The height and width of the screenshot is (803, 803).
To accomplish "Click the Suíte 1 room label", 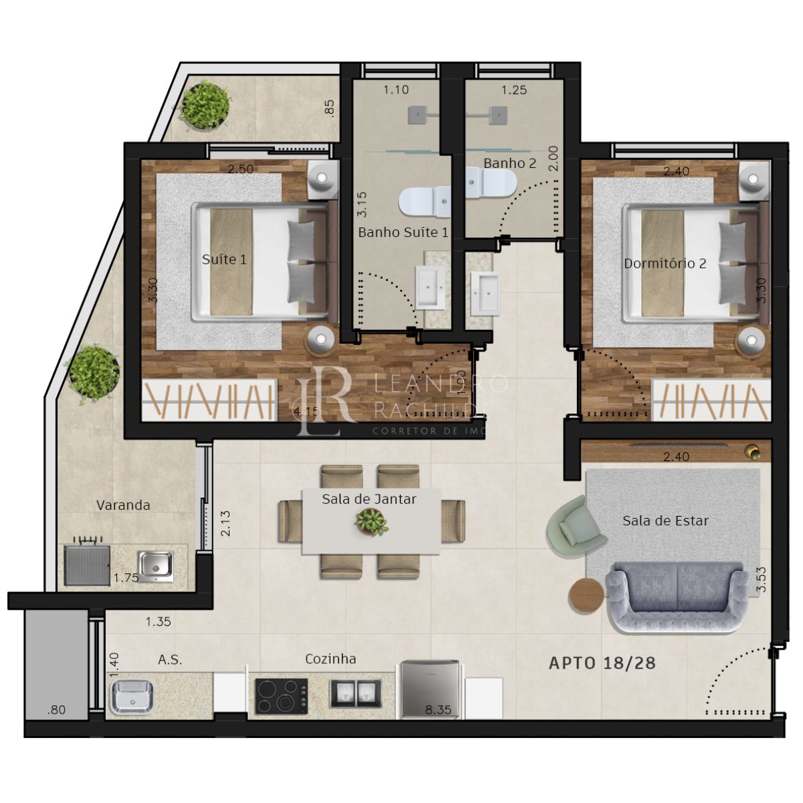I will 224,259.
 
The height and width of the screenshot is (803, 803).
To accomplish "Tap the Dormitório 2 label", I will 664,264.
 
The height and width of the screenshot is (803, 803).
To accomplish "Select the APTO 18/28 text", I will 602,663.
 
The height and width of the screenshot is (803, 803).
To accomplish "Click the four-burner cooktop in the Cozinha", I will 281,695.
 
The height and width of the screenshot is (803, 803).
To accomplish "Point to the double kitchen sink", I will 355,693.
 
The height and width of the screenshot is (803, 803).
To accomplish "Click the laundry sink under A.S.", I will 132,697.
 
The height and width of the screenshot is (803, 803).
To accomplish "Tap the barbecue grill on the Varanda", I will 87,564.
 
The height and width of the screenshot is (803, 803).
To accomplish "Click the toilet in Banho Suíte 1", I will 426,201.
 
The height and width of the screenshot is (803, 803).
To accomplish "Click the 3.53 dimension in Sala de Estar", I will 761,579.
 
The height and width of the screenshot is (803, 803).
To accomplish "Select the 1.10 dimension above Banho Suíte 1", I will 396,90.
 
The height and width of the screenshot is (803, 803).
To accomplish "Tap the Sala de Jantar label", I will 369,499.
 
